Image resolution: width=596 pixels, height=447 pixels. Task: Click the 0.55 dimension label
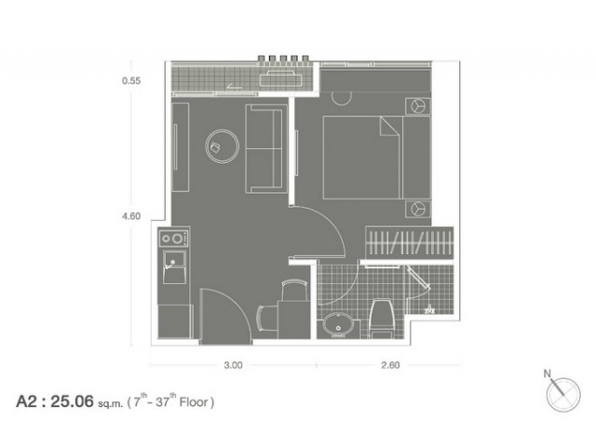(131, 81)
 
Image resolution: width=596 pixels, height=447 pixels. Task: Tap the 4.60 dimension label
(131, 216)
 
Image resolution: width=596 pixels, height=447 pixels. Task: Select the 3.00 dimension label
(233, 365)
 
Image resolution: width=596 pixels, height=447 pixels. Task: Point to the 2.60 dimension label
(390, 365)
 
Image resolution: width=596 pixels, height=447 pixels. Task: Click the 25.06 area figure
(73, 401)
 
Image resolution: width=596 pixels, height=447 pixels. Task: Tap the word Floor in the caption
(194, 401)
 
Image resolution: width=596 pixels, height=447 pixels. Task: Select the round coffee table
(223, 146)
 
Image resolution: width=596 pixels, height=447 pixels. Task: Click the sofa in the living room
(266, 149)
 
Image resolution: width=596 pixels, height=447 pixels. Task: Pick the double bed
(376, 157)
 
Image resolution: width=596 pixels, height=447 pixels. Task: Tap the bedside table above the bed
(418, 106)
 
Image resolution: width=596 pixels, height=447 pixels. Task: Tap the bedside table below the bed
(418, 209)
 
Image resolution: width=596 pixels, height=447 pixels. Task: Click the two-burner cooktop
(173, 238)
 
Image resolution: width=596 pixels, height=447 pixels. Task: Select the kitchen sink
(174, 266)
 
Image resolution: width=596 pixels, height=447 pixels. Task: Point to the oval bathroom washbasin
(338, 326)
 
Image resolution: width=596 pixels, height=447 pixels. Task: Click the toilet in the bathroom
(382, 318)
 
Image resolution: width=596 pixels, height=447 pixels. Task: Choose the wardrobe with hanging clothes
(410, 242)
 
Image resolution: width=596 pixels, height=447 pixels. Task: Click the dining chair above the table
(294, 291)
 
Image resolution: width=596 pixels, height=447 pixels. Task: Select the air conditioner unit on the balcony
(281, 78)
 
